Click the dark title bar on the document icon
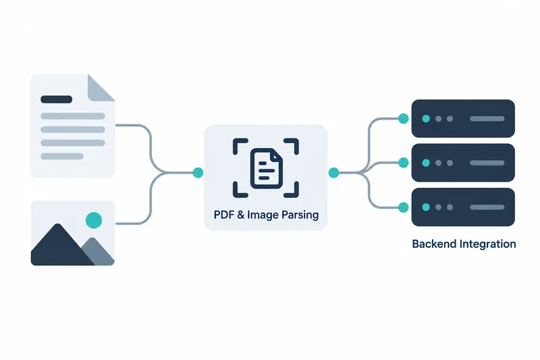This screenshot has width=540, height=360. click(57, 99)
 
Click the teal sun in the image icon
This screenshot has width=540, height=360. click(94, 220)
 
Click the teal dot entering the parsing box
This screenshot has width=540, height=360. click(198, 173)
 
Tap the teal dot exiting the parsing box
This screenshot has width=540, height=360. click(333, 173)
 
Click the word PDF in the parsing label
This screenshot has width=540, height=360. click(224, 215)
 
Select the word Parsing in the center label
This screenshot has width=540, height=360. click(300, 215)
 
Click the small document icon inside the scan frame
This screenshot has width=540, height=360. click(266, 168)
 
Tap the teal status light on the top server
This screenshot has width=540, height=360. click(426, 119)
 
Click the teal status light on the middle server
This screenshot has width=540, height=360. click(426, 163)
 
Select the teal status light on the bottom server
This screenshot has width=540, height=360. click(426, 207)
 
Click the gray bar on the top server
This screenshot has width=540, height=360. click(487, 119)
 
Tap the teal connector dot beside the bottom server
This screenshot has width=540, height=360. click(403, 207)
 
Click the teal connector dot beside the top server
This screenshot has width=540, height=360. click(403, 118)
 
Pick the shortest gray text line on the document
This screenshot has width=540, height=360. click(62, 156)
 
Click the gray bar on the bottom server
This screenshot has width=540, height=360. click(487, 207)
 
